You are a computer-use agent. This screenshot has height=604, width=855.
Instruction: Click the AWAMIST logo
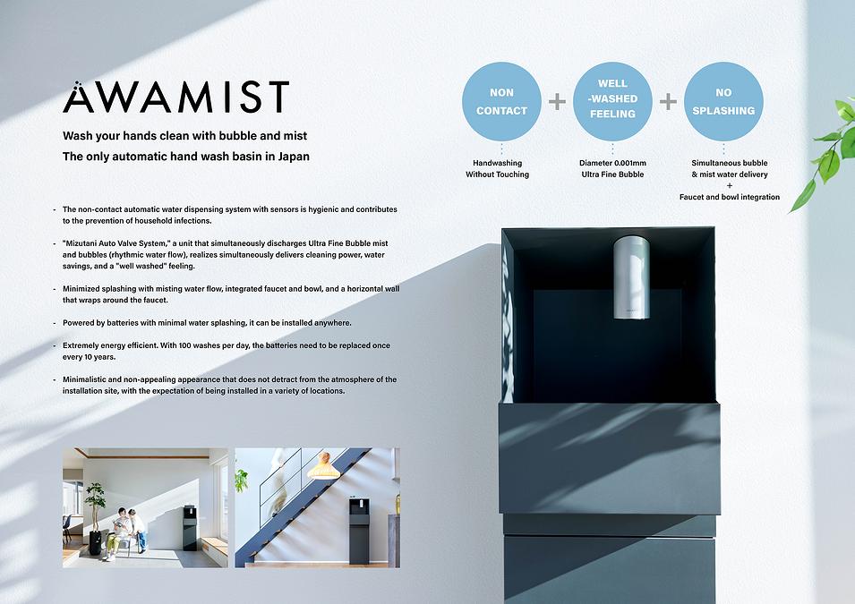(x=175, y=97)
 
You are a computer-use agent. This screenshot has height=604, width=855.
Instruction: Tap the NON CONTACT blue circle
(x=501, y=101)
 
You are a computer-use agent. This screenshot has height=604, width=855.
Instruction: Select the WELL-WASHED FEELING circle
(x=613, y=101)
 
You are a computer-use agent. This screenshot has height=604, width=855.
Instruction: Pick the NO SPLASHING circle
(x=723, y=101)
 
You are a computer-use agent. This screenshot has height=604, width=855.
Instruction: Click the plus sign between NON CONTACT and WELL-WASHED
(x=557, y=101)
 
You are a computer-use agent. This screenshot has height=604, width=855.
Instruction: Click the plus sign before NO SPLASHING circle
(x=668, y=101)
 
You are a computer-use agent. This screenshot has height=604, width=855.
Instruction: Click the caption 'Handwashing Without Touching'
(x=497, y=168)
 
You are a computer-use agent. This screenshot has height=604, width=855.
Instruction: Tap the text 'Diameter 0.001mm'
(x=613, y=163)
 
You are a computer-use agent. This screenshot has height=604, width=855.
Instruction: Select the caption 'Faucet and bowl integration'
(x=730, y=197)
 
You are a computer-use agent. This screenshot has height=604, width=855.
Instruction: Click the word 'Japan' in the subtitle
(x=294, y=157)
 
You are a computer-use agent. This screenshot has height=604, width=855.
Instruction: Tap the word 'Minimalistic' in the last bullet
(x=84, y=379)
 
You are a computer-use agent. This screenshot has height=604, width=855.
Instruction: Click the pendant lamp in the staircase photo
(x=323, y=466)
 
